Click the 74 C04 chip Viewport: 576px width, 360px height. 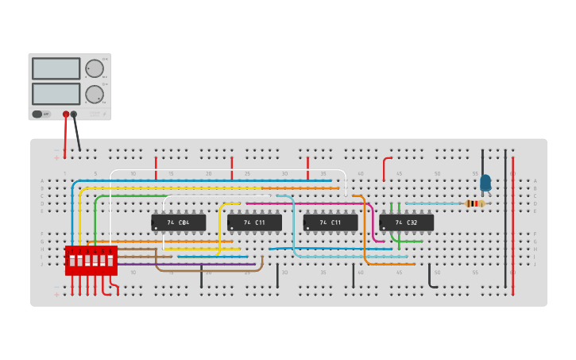(x=178, y=223)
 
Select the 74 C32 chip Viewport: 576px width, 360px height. (x=406, y=223)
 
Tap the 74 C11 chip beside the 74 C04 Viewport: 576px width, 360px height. (x=254, y=223)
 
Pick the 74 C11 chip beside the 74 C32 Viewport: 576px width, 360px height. (x=331, y=223)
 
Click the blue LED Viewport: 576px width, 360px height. (x=485, y=183)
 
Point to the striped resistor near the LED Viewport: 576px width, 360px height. (x=475, y=203)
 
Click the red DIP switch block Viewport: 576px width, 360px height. (x=91, y=261)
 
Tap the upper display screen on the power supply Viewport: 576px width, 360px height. (x=56, y=68)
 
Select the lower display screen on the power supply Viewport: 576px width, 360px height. (x=56, y=94)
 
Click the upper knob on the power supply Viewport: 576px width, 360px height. (x=95, y=68)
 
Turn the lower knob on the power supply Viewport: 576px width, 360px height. (x=95, y=94)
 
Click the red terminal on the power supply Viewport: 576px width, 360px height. (x=66, y=114)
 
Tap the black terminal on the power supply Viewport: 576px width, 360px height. (x=74, y=114)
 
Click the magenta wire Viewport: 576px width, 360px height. (x=318, y=203)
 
